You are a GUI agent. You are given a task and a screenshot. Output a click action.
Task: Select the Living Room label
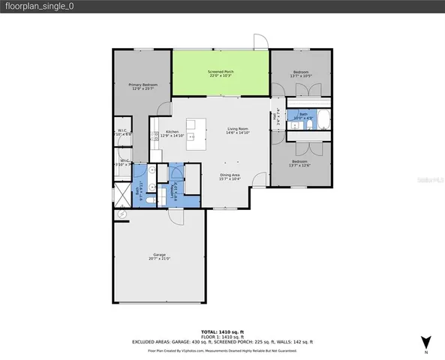[238, 130]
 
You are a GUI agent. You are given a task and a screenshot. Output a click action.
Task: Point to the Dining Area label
[230, 175]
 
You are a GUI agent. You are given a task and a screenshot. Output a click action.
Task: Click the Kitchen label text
[172, 133]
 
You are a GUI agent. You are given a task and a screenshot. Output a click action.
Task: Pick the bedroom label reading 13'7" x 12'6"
[299, 163]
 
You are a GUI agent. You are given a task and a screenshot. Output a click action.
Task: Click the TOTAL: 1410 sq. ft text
[222, 331]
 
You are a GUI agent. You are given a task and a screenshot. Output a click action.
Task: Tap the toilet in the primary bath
[150, 199]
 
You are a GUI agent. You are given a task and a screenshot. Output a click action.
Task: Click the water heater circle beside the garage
[122, 214]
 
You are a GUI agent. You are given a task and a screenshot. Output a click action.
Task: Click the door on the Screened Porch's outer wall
[260, 42]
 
